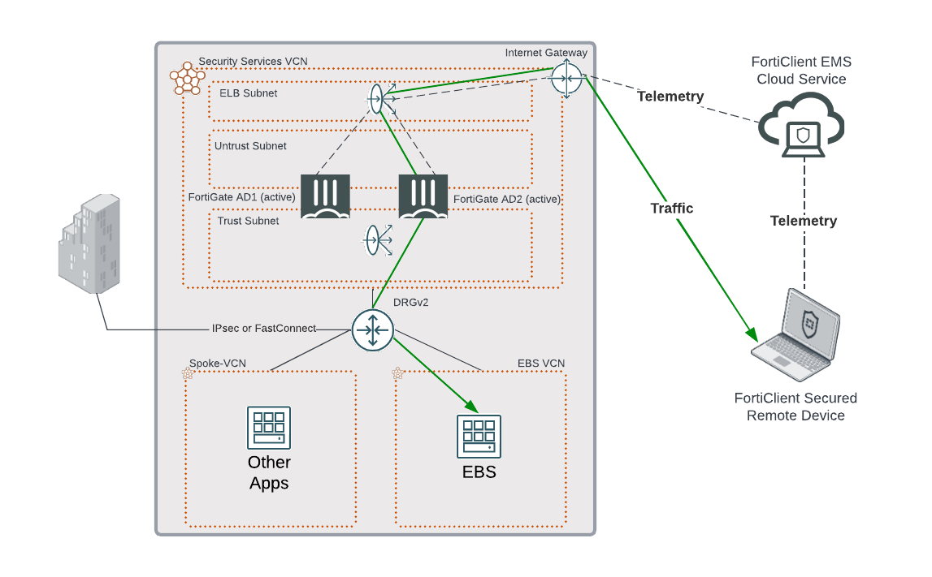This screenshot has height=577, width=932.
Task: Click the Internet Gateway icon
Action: click(x=566, y=78)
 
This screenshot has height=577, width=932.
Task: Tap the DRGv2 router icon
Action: click(x=373, y=329)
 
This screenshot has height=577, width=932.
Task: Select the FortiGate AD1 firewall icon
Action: click(x=325, y=196)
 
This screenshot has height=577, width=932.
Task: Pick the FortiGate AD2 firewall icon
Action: click(x=423, y=196)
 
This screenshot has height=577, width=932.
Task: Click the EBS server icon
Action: click(x=479, y=437)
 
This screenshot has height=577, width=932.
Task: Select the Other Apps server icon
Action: click(x=269, y=428)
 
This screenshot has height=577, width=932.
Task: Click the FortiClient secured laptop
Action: click(x=795, y=334)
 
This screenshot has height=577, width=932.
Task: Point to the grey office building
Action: click(x=89, y=243)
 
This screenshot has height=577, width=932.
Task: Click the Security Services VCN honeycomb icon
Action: click(x=186, y=79)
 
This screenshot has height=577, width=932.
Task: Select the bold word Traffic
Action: click(x=672, y=209)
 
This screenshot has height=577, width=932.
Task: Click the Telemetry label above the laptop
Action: click(x=804, y=221)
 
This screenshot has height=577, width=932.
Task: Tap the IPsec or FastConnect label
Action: click(x=263, y=329)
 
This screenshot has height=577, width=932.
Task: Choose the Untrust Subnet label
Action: click(x=250, y=146)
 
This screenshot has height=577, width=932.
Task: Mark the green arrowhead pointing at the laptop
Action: click(x=752, y=334)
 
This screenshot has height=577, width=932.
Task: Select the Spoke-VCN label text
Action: click(x=218, y=364)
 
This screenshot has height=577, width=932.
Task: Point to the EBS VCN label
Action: click(x=541, y=364)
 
